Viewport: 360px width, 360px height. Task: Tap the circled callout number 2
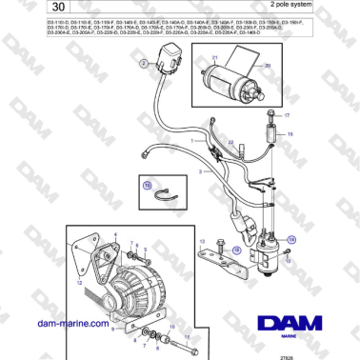pos(145,63)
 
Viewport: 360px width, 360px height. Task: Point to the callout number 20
pos(267,66)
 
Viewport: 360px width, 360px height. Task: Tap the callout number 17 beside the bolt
pos(285,112)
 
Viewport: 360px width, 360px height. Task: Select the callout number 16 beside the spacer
pos(290,135)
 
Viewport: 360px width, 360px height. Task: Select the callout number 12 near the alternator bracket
pos(80,283)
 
